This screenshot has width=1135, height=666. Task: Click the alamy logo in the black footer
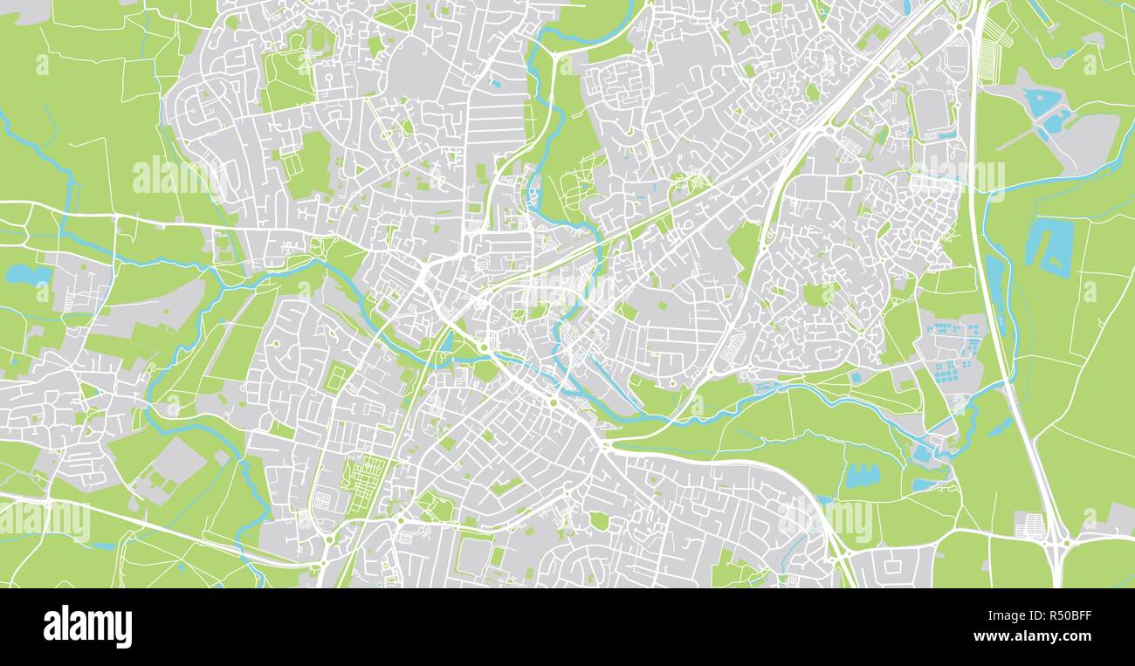tap(87, 627)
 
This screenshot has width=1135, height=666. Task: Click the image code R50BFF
tap(1061, 615)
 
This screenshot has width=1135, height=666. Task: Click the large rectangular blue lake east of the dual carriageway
tap(1050, 246)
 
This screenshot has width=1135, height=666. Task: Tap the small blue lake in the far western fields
tap(28, 275)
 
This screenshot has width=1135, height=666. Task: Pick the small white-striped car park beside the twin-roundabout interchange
tap(1031, 525)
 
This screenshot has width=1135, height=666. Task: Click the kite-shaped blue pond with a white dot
tap(1040, 101)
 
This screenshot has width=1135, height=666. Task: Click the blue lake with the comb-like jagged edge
tap(860, 476)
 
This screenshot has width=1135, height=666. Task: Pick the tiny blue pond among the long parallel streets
tap(495, 85)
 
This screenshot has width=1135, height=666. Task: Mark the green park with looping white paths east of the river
tap(575, 188)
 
